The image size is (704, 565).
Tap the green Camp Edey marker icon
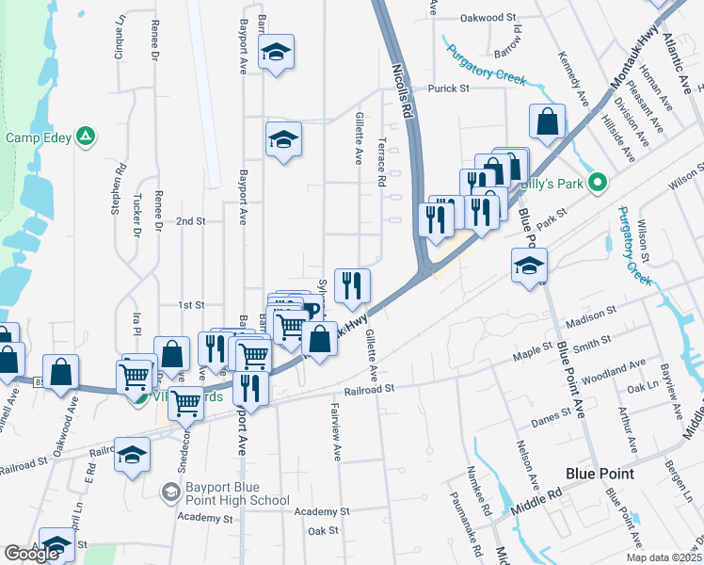(x=86, y=137)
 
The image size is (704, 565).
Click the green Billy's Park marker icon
(x=597, y=184)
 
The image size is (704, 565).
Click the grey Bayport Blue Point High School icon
(x=170, y=491)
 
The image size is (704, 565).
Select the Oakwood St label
(x=489, y=17)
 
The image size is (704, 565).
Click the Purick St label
(x=448, y=89)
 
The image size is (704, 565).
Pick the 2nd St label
(x=190, y=221)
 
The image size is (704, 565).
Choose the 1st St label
(x=191, y=305)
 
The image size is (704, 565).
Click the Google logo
(x=31, y=554)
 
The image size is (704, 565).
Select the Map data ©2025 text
(x=661, y=557)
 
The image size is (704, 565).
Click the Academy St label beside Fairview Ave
(x=321, y=511)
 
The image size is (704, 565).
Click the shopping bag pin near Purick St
(x=547, y=122)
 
